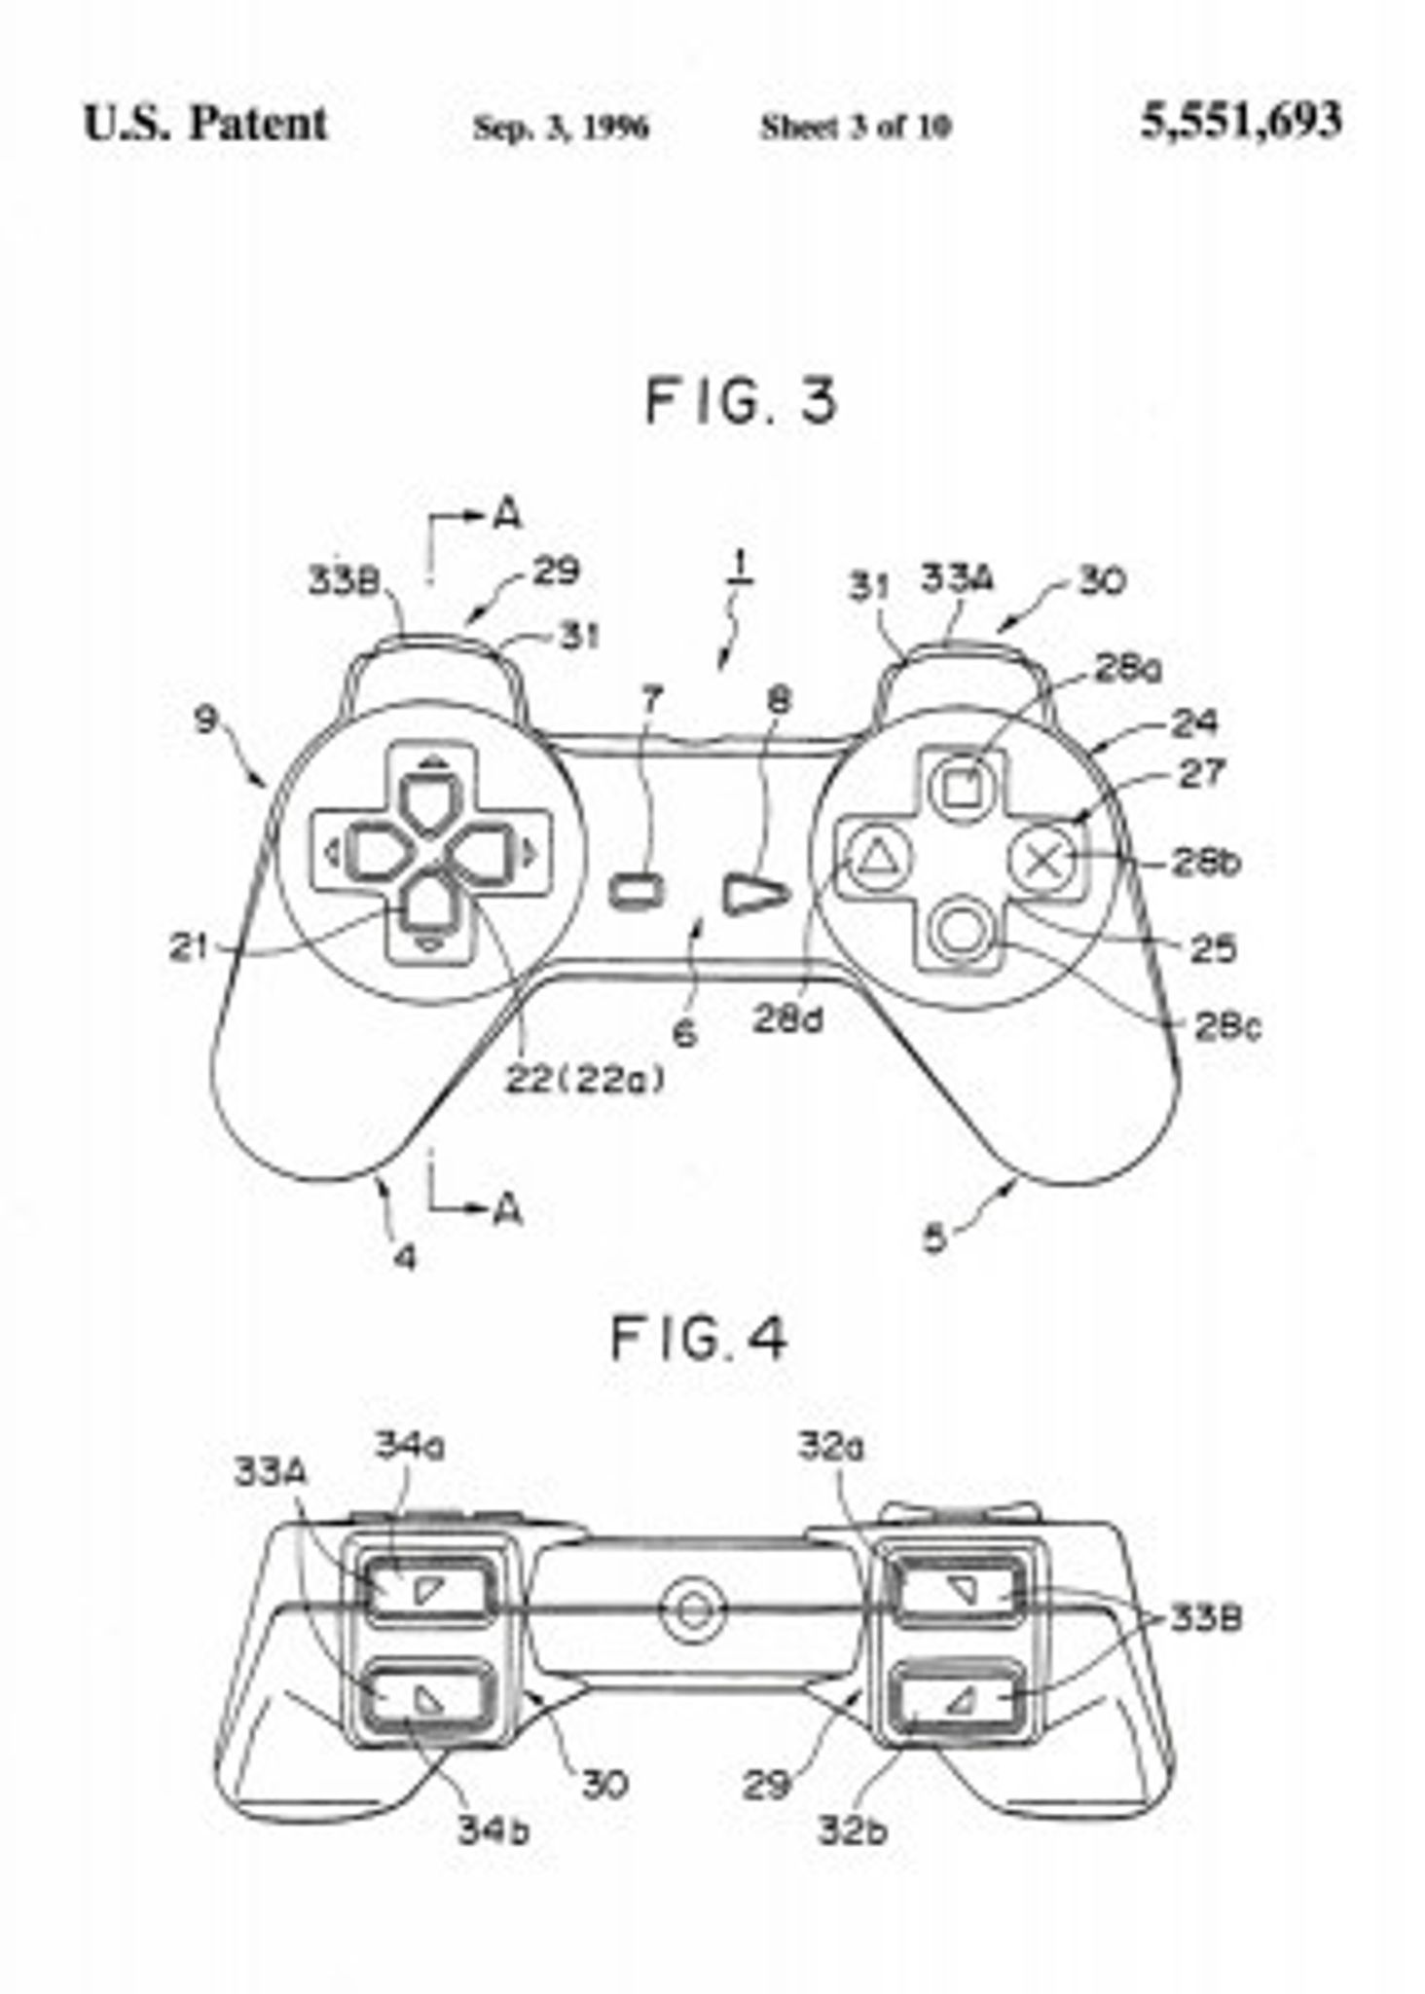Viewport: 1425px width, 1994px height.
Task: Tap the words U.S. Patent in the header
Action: click(205, 125)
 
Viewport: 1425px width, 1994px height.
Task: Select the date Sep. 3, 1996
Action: click(561, 127)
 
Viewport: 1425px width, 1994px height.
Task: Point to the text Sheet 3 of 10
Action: click(856, 127)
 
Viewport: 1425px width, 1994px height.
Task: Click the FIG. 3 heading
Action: click(740, 400)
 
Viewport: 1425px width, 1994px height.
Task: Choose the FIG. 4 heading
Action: click(698, 1339)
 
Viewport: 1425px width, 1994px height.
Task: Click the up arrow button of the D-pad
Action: click(430, 802)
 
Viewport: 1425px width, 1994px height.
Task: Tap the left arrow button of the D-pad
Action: click(370, 854)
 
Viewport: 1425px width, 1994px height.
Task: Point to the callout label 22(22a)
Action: click(586, 1079)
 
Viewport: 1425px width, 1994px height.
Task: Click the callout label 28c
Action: click(1227, 1026)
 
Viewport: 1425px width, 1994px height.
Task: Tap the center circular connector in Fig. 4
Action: click(693, 1608)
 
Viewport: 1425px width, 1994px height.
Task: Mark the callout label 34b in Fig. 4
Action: click(493, 1829)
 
